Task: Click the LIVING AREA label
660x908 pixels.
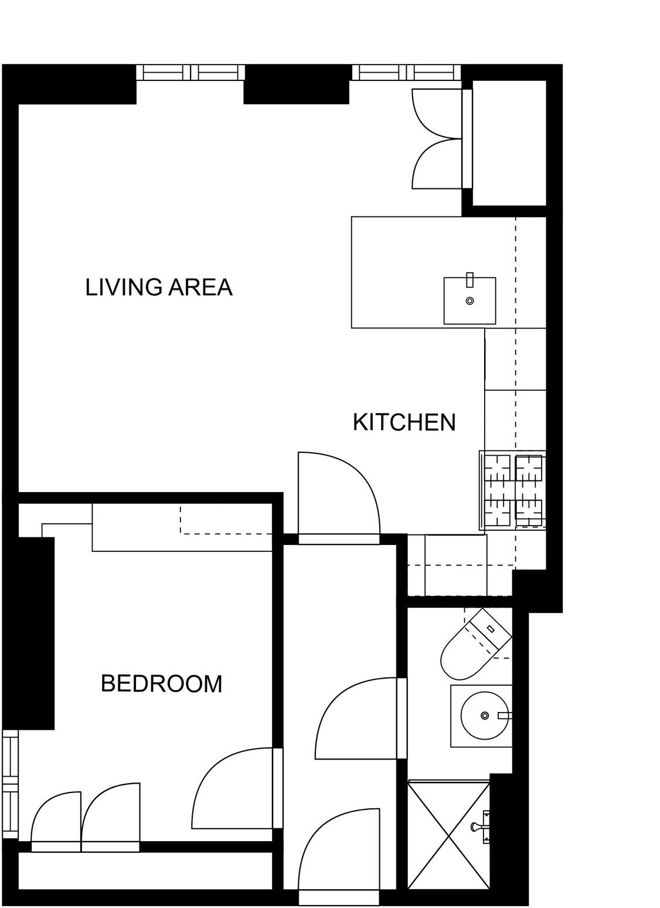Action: click(159, 287)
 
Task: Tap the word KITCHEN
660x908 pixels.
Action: click(404, 422)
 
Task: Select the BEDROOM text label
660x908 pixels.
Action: click(162, 684)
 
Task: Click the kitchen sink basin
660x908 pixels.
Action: click(470, 301)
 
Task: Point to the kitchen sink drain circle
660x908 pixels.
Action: click(470, 301)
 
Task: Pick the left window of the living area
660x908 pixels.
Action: click(190, 72)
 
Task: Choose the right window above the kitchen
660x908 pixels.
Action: click(406, 72)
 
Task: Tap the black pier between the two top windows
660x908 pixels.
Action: click(297, 84)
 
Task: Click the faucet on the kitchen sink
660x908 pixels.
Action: click(470, 280)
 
